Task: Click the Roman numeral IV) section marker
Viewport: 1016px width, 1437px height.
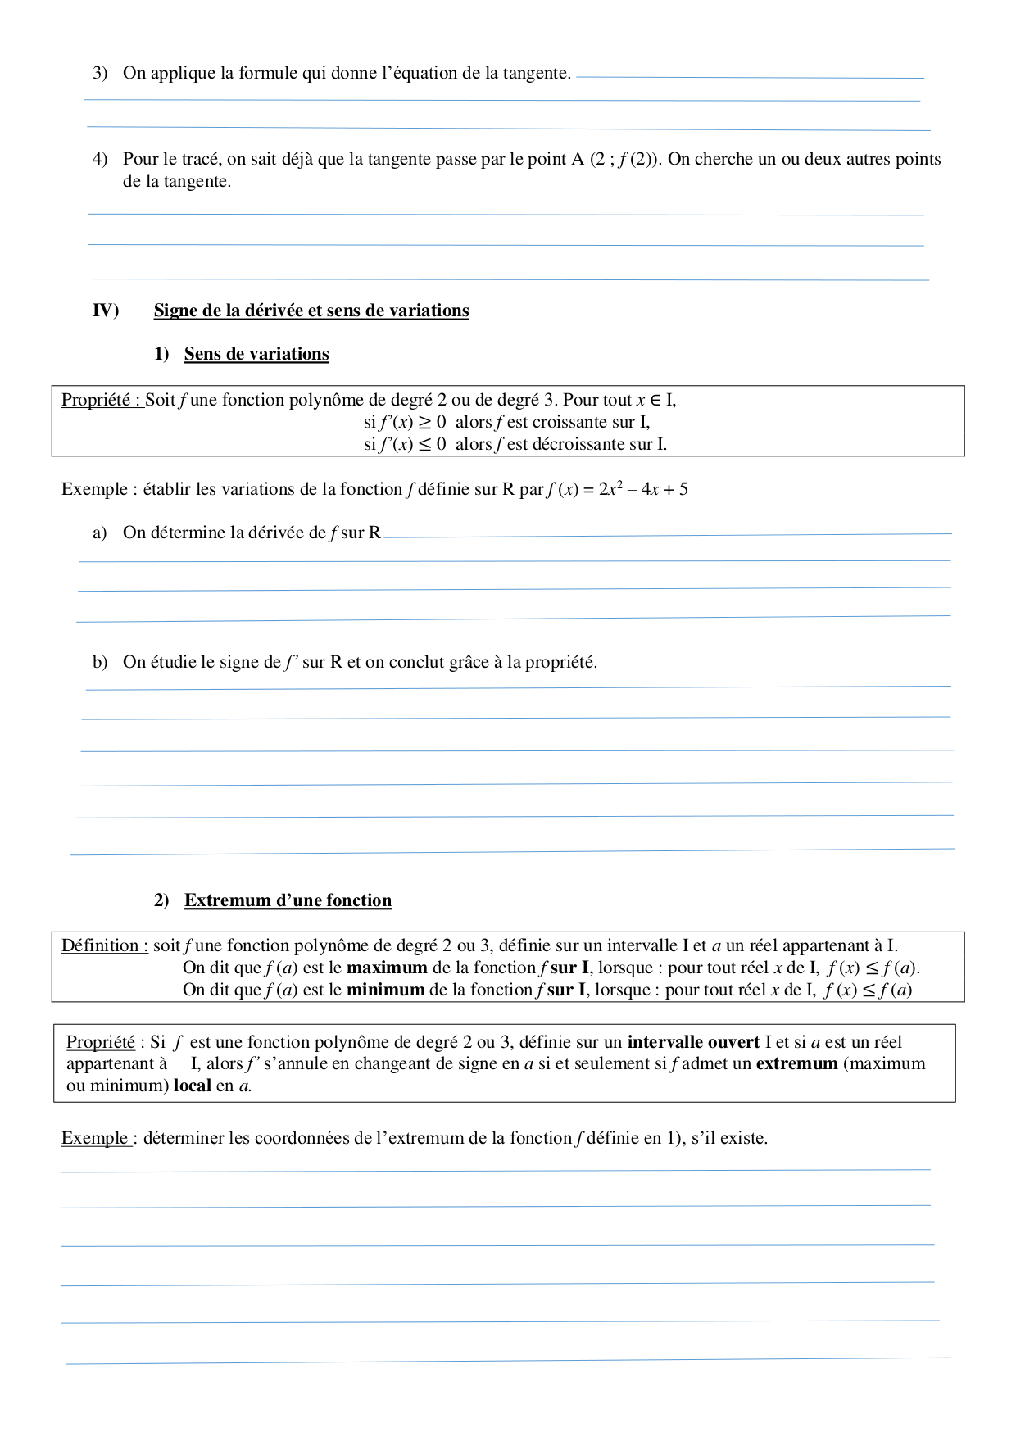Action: (x=106, y=311)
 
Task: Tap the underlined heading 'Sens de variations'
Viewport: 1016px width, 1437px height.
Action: (x=256, y=354)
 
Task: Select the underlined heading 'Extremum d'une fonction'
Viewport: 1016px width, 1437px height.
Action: (x=288, y=900)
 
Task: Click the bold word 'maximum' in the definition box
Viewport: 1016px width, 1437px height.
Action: (x=387, y=968)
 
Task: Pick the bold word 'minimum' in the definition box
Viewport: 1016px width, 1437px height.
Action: (x=385, y=990)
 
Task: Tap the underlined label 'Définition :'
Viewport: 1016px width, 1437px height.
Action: (x=105, y=945)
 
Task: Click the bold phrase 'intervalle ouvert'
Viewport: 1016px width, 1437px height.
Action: (x=693, y=1042)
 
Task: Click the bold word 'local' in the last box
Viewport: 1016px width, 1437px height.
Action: (x=192, y=1086)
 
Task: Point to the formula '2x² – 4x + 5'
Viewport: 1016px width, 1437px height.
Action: (x=643, y=489)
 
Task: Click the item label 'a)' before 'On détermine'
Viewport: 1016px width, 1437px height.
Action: (x=100, y=533)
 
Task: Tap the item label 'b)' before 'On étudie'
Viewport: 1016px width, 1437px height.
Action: (x=100, y=662)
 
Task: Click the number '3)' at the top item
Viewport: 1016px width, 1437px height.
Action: (x=100, y=73)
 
